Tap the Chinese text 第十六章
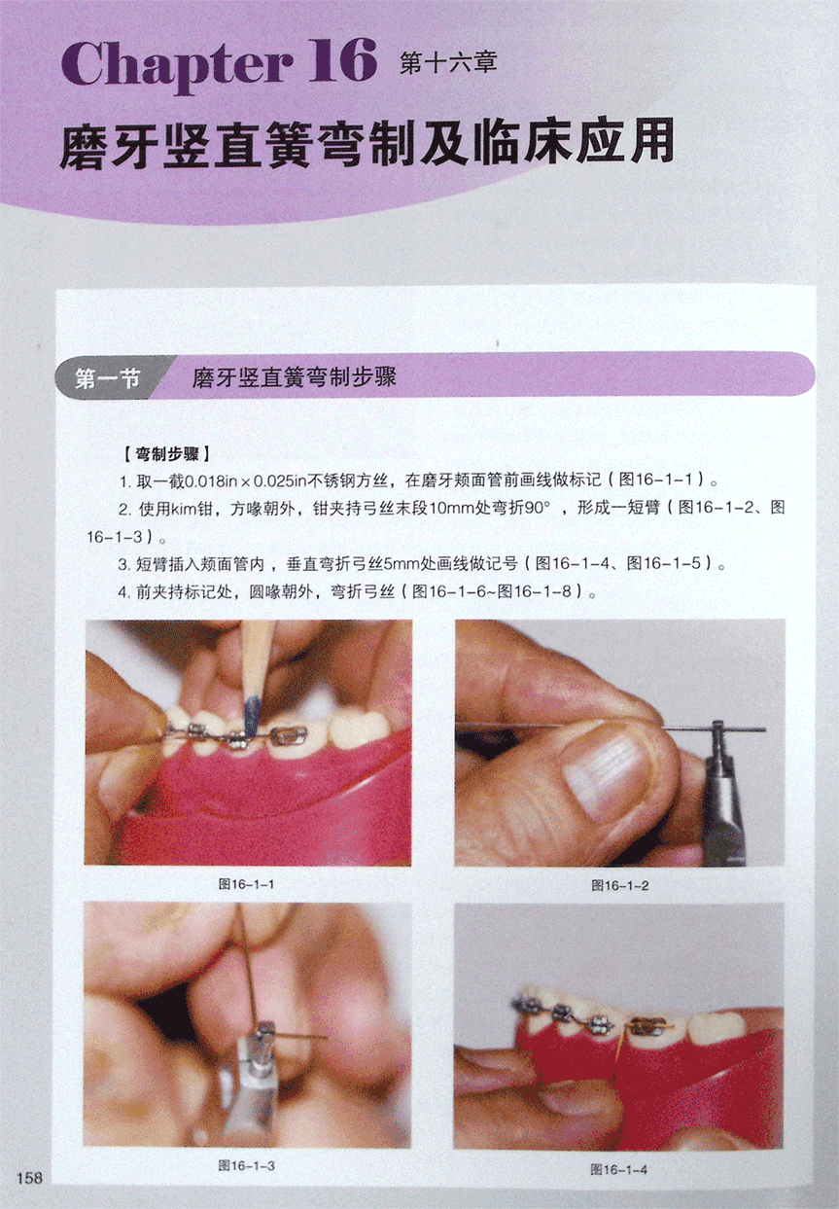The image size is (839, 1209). tap(448, 64)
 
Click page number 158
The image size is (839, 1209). tap(30, 1177)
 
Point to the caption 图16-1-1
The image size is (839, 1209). tap(246, 884)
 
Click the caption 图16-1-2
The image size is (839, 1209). tap(620, 885)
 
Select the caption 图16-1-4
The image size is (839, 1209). tap(619, 1169)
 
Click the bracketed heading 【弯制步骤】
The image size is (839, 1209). tap(166, 454)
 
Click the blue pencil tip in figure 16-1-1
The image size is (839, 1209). tap(251, 715)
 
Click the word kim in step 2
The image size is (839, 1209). tap(184, 509)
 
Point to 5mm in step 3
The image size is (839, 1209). tap(402, 564)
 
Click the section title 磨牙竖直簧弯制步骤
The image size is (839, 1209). tap(295, 377)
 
